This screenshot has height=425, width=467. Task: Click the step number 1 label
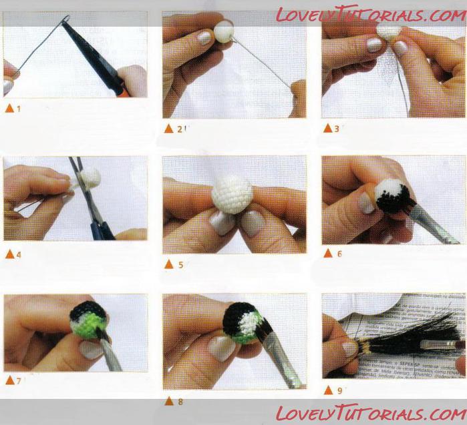pyautogui.click(x=19, y=109)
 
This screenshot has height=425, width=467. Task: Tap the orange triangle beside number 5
pyautogui.click(x=169, y=264)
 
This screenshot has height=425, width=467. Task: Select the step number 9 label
pyautogui.click(x=340, y=390)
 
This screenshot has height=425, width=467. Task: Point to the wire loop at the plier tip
pyautogui.click(x=66, y=19)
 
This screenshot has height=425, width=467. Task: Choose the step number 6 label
pyautogui.click(x=339, y=254)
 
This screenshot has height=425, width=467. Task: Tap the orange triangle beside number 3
pyautogui.click(x=327, y=128)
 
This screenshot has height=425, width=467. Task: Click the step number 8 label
pyautogui.click(x=180, y=402)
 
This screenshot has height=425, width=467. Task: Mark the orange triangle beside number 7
pyautogui.click(x=10, y=380)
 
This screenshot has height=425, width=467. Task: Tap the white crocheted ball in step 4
pyautogui.click(x=91, y=177)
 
